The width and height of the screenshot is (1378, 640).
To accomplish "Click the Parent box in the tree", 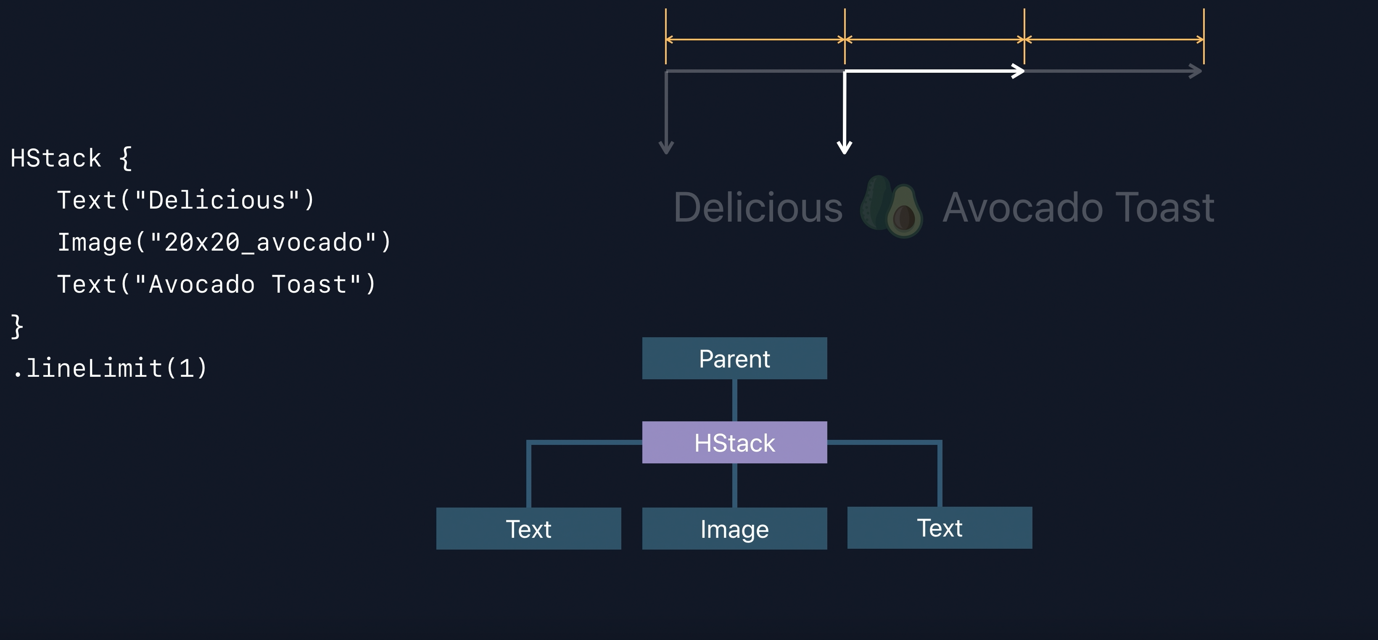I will click(x=734, y=359).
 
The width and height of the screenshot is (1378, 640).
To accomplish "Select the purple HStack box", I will click(x=734, y=442).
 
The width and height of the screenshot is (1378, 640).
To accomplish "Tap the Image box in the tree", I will click(x=734, y=529).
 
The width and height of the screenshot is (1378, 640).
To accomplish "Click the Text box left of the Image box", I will click(x=528, y=529).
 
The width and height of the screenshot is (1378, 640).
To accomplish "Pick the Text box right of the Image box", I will click(x=940, y=528).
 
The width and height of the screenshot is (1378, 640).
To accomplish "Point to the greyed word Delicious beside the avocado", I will click(x=758, y=208).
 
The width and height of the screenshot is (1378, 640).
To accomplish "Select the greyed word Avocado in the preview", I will click(x=1022, y=208).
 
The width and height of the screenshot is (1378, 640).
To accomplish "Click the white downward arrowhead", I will click(x=844, y=147).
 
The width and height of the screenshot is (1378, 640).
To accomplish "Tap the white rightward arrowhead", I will click(x=1017, y=71).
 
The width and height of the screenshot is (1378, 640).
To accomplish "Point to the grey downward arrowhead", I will click(x=666, y=147).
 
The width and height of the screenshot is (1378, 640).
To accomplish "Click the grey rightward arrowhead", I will click(x=1196, y=71).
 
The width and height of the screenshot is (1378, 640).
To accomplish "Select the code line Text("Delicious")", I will click(x=186, y=201).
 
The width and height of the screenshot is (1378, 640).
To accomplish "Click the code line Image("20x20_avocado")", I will click(x=224, y=242).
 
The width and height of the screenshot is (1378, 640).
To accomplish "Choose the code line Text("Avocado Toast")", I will click(x=216, y=284).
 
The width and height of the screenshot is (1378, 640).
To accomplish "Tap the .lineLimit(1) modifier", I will click(x=110, y=368).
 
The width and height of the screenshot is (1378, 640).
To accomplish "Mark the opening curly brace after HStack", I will click(x=125, y=159).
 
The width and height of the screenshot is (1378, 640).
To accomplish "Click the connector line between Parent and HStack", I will click(x=734, y=400).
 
